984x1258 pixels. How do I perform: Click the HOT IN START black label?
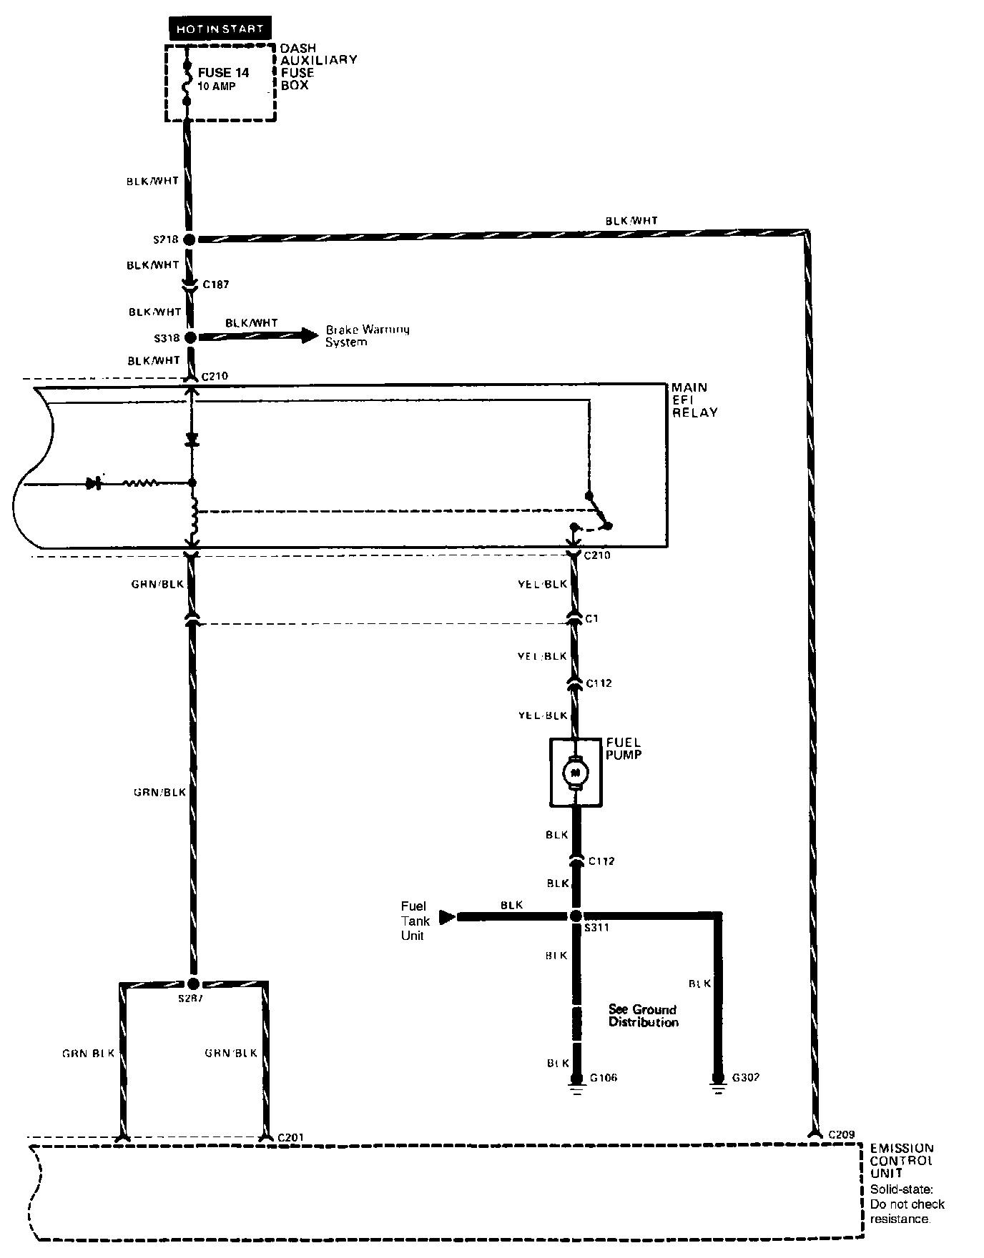coord(220,29)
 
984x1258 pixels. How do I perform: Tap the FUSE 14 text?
coord(223,73)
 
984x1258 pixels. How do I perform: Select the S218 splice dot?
coord(190,239)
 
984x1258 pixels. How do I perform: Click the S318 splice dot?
coord(190,337)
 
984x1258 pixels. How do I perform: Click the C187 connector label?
coord(215,284)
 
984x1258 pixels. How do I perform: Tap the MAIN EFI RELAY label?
coord(694,400)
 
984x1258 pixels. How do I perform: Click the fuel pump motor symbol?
coord(576,772)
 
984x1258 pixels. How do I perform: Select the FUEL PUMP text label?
coord(624,748)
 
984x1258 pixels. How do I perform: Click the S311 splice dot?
coord(576,916)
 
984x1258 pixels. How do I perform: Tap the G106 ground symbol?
coord(576,1089)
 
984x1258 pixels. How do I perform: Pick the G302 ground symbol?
coord(717,1089)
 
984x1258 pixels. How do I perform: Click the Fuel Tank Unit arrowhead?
coord(447,916)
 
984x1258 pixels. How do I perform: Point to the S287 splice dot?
coord(192,984)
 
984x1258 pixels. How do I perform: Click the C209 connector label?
coord(842,1134)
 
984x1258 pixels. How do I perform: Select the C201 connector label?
coord(291,1136)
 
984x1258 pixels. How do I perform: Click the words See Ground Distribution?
coord(643,1016)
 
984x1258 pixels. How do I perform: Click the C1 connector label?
coord(591,618)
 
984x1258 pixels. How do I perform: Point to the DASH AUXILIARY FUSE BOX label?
coord(318,66)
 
